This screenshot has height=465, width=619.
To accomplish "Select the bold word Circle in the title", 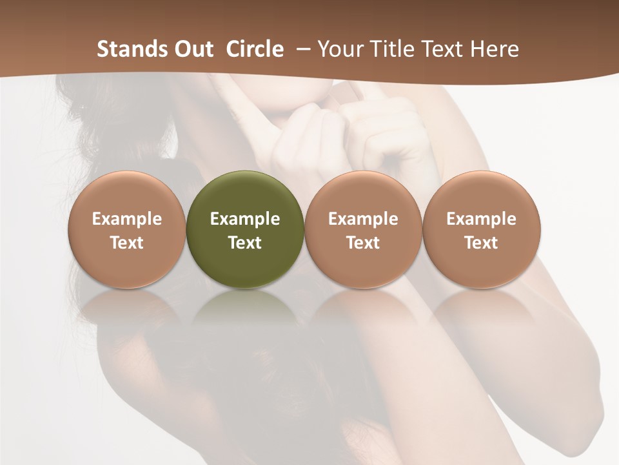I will point(255,49).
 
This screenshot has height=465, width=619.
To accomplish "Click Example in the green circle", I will point(245,219).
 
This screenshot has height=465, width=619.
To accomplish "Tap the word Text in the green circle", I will point(245,243).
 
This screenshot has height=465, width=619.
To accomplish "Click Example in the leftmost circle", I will point(127,219).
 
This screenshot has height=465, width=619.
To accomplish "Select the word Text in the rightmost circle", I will point(482,243).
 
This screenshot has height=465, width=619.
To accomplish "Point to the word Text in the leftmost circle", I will point(127,243).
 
